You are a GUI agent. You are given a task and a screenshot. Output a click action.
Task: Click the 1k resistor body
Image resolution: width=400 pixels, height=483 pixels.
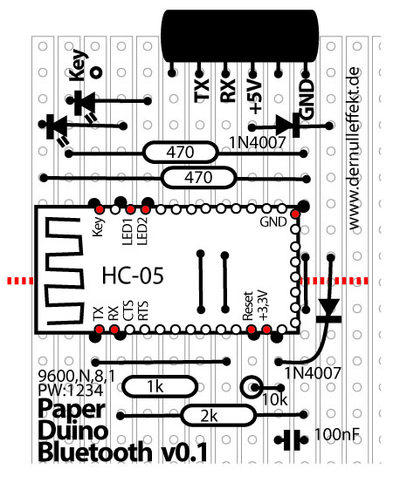point(160,386)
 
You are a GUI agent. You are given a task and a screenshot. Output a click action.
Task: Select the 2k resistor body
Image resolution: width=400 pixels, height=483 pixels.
point(218,416)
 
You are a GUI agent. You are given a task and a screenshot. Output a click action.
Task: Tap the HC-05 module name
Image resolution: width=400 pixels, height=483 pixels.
point(133,276)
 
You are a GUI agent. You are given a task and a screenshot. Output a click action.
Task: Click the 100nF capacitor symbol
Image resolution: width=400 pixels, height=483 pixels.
point(292,440)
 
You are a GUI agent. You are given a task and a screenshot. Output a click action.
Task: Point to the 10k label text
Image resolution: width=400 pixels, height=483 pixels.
point(275,399)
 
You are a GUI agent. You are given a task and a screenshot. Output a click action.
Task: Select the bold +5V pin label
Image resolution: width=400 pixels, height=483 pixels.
point(255,97)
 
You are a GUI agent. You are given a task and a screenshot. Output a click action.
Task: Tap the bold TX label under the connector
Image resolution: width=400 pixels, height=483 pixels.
point(201,91)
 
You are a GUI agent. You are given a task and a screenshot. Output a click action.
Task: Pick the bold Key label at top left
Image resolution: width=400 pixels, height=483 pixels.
point(78,65)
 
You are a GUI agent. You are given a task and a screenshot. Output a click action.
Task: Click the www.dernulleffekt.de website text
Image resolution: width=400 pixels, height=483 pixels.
point(355,148)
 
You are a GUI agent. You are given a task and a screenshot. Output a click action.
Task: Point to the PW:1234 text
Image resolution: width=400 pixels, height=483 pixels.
point(71,391)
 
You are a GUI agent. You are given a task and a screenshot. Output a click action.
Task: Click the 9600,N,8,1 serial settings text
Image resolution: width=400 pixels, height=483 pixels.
point(76,376)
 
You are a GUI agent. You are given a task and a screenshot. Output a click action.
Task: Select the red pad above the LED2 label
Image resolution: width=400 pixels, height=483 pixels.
point(145,209)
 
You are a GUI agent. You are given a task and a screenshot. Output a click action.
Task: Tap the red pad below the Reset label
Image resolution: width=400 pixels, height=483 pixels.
point(252,330)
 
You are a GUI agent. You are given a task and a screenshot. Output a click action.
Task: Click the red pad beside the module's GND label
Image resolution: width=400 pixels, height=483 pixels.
point(295,214)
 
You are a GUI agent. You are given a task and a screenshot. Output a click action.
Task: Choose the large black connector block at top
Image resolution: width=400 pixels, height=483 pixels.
point(240,36)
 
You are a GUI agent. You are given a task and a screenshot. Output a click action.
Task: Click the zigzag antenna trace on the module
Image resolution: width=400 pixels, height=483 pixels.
point(65,271)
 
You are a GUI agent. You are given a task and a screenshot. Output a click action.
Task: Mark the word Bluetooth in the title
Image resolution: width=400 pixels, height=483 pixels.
point(95,452)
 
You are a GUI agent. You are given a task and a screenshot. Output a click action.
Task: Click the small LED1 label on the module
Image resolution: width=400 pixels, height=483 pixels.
point(128,232)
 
